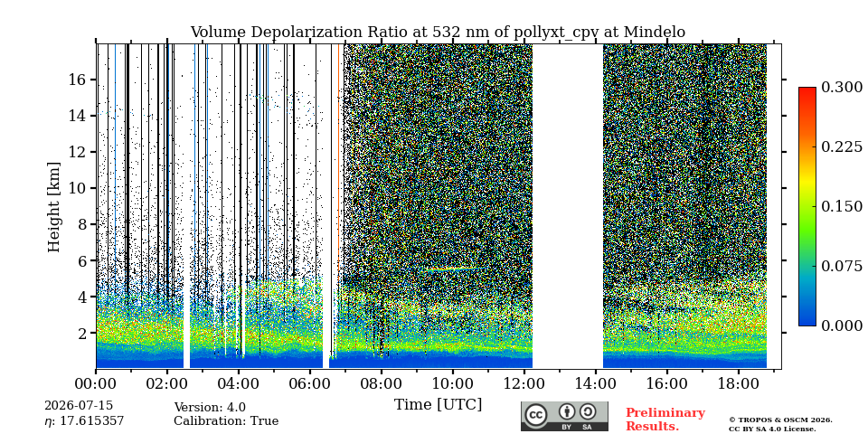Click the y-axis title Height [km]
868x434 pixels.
[53, 207]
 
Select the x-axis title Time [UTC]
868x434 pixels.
[438, 405]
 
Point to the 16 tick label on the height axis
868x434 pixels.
[79, 80]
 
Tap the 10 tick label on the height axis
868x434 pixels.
[79, 188]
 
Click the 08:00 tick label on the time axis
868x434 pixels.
[381, 383]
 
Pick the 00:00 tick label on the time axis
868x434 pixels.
[97, 383]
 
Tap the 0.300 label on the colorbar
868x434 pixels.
[842, 88]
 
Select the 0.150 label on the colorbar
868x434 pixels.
[842, 206]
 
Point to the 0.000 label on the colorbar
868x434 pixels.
[842, 325]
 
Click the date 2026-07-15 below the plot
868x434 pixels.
[79, 406]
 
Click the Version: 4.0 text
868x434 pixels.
[210, 408]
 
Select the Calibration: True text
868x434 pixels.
[226, 421]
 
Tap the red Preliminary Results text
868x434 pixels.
[665, 420]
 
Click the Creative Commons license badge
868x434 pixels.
[564, 416]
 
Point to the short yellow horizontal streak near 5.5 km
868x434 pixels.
[452, 269]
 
